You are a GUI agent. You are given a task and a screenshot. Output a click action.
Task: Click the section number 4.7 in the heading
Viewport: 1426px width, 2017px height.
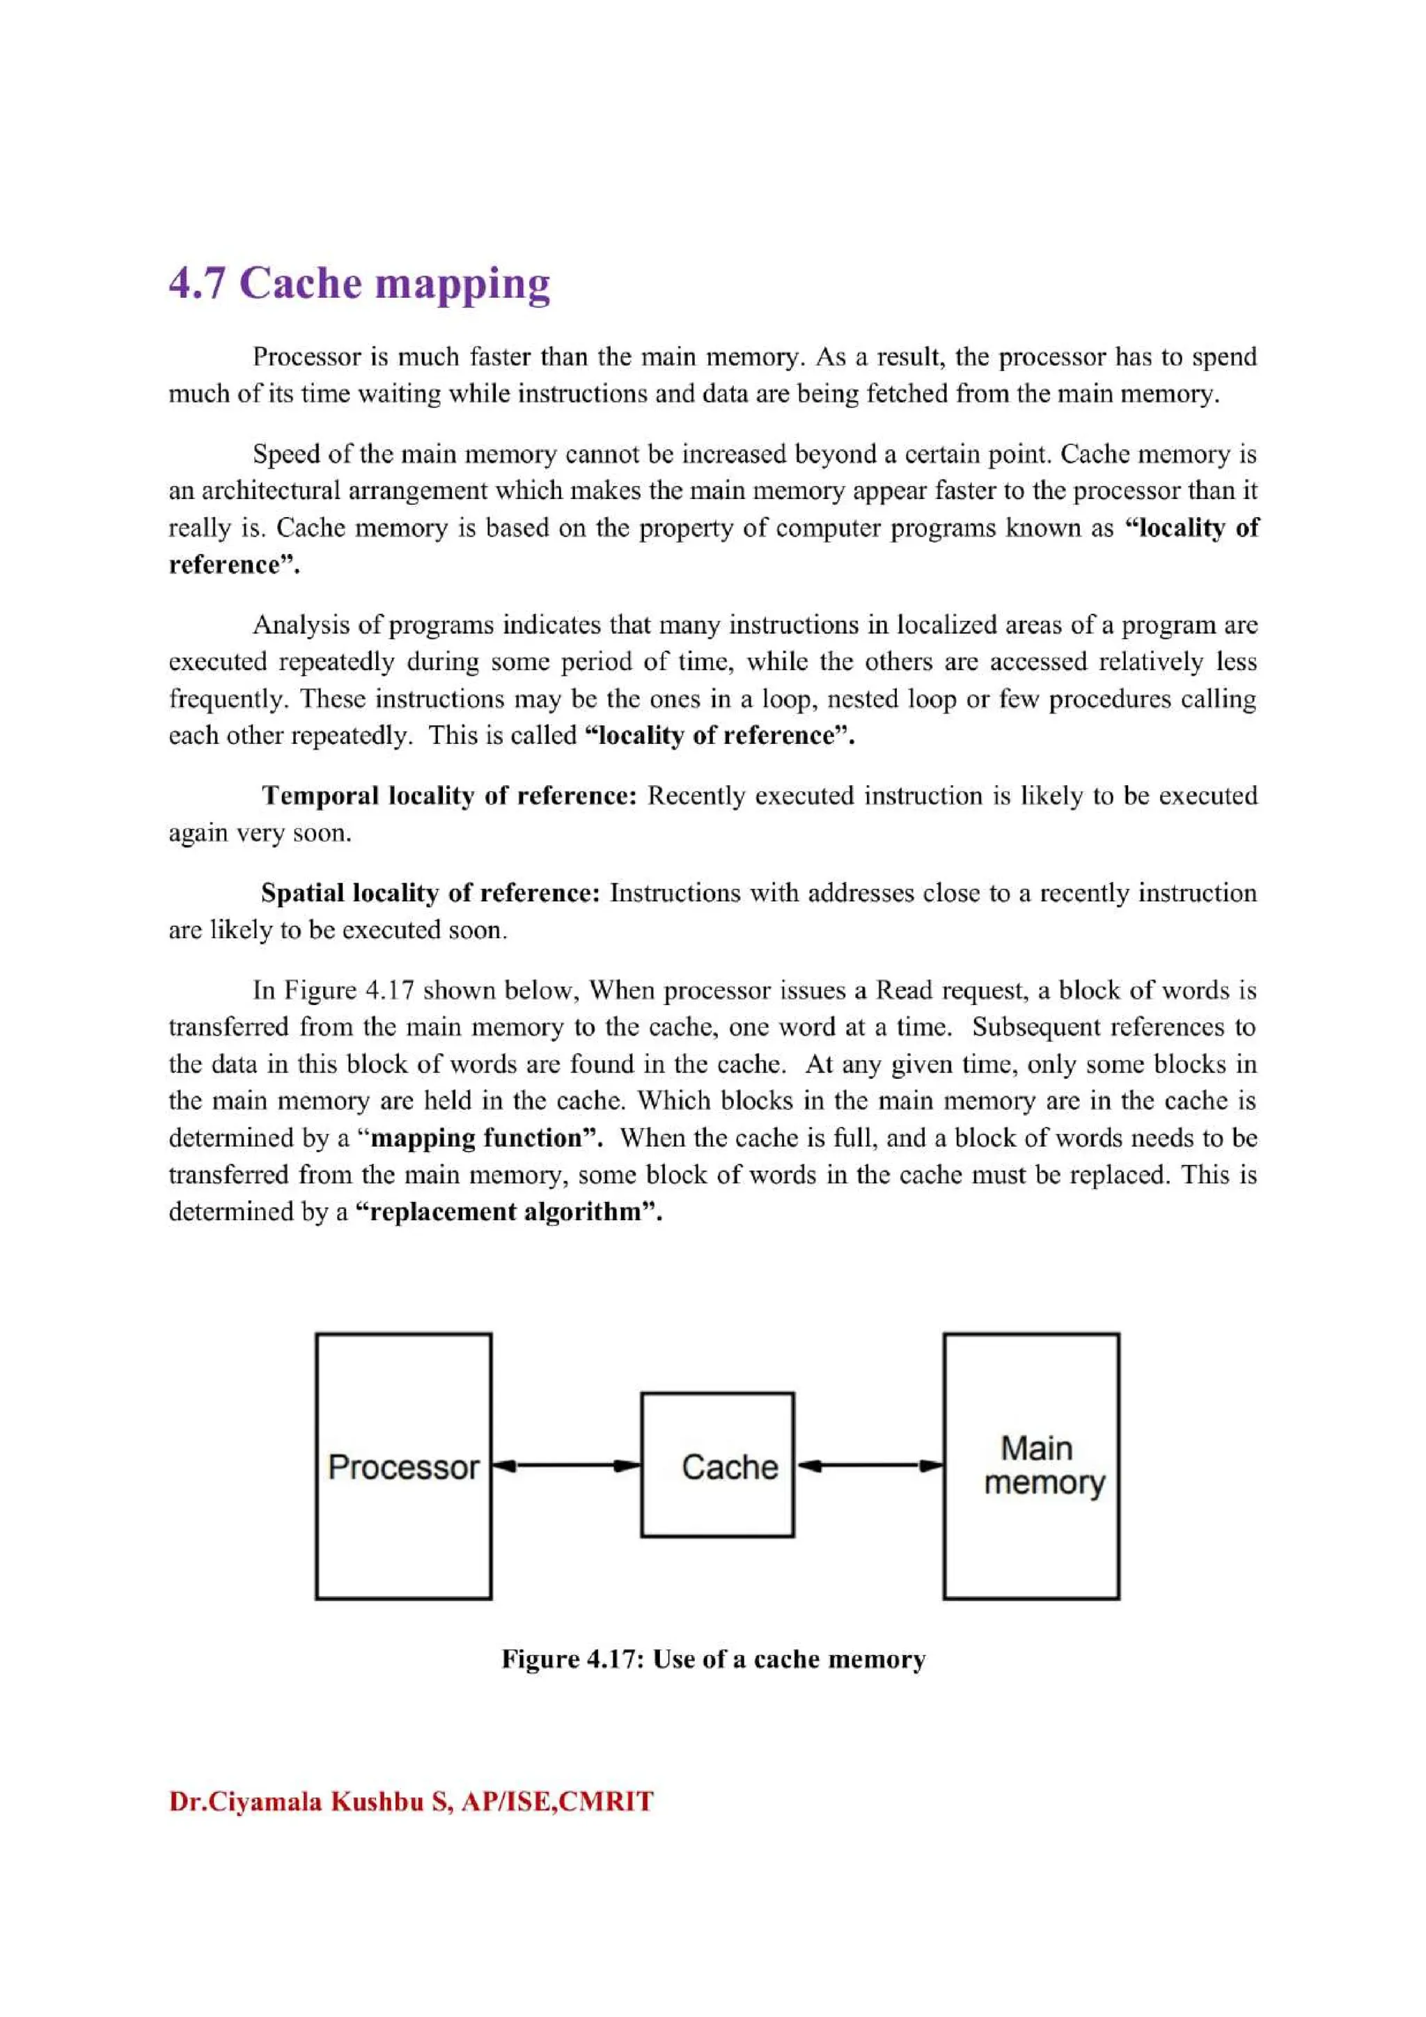[197, 284]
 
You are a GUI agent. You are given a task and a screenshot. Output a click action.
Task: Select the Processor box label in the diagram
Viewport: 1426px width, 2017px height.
[403, 1467]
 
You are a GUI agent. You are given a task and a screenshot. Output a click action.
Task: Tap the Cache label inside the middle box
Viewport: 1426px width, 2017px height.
[729, 1467]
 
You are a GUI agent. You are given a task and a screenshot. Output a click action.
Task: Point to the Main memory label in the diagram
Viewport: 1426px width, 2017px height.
[1043, 1464]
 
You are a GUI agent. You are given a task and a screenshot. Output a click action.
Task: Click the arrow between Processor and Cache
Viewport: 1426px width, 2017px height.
[566, 1465]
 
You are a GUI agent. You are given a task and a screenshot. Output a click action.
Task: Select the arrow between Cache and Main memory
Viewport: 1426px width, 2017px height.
[869, 1465]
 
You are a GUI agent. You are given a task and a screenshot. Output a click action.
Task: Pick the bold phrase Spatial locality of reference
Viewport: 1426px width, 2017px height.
[430, 894]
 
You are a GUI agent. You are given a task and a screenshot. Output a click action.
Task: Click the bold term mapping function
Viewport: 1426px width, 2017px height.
[483, 1139]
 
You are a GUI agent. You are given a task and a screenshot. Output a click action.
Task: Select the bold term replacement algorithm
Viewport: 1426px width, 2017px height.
[508, 1212]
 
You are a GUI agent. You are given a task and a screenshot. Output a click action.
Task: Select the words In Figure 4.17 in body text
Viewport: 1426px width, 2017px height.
[332, 991]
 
